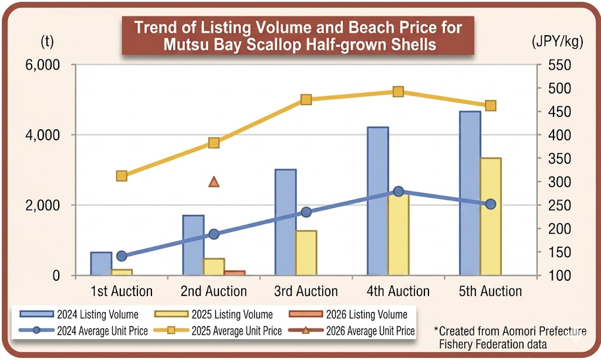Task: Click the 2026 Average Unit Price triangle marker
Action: point(214,182)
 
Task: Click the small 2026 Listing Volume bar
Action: point(235,273)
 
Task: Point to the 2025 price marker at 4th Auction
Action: point(398,92)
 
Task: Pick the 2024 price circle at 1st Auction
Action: point(121,256)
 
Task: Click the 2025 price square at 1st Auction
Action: point(121,176)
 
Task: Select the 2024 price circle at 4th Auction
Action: point(398,191)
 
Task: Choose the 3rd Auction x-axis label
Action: point(306,291)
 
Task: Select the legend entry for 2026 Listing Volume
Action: point(358,314)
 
